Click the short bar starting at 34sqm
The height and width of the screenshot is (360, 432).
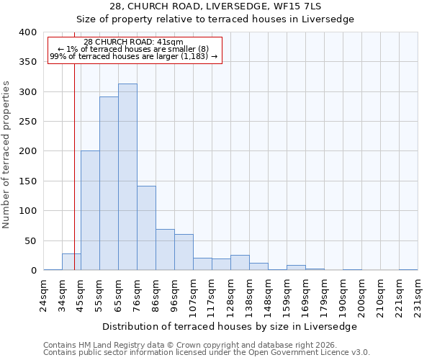click(71, 262)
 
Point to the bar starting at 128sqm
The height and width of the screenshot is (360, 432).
click(240, 263)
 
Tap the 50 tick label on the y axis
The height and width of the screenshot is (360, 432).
click(30, 240)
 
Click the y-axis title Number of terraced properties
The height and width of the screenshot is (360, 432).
click(7, 154)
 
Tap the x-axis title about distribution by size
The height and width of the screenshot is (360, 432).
click(234, 326)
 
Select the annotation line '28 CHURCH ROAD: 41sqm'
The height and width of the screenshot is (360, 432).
click(133, 42)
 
